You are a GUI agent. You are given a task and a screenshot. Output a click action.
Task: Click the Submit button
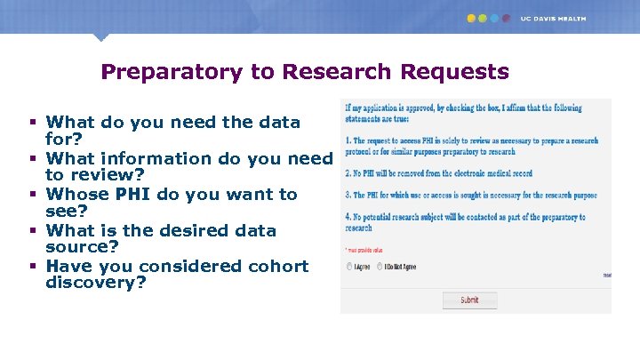click(469, 300)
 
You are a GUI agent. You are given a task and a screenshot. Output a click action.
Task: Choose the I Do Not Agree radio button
click(380, 266)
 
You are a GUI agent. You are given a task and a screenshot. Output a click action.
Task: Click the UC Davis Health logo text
click(553, 18)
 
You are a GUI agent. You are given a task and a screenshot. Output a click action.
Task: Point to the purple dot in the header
click(506, 18)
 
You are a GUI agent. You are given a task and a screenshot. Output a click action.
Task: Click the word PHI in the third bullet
click(131, 194)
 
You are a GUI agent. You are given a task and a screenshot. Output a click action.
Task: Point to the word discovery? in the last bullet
click(96, 283)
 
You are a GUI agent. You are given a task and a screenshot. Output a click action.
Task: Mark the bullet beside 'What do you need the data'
click(32, 122)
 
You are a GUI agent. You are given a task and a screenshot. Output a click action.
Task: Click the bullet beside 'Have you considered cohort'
click(32, 266)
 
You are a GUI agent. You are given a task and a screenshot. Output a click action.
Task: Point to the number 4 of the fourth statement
click(346, 217)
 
